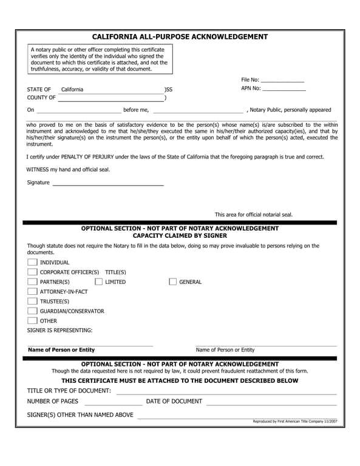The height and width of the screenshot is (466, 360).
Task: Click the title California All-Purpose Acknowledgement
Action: click(180, 36)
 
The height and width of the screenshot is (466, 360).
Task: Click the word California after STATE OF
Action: click(72, 90)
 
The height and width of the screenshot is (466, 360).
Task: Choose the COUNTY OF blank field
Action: click(110, 98)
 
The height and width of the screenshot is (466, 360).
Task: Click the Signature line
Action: click(108, 183)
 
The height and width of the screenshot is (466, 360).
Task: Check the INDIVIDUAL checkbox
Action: click(32, 263)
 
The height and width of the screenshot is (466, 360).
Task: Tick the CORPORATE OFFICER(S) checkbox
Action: click(32, 272)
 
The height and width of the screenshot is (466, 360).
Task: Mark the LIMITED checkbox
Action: click(98, 282)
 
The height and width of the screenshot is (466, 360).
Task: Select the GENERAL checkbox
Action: click(172, 282)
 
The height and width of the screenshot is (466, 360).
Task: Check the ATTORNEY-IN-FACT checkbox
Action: click(32, 292)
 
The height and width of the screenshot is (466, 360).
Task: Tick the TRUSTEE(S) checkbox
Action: click(32, 302)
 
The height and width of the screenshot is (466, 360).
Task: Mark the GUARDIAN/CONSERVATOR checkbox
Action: click(32, 311)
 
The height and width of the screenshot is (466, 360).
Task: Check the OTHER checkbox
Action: click(32, 321)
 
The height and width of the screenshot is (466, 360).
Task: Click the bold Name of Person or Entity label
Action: click(61, 350)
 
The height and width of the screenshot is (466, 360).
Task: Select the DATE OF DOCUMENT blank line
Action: click(271, 403)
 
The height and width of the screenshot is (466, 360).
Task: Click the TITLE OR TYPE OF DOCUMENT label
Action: click(69, 390)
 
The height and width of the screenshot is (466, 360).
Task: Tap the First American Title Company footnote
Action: click(294, 421)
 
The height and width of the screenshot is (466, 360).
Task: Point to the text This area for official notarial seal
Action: click(253, 214)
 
